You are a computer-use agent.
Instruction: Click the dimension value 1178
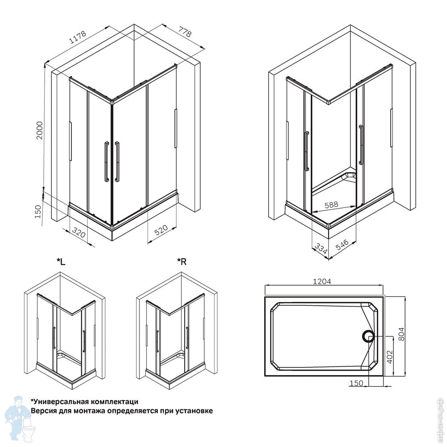click(77, 37)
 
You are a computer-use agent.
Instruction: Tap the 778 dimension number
click(185, 32)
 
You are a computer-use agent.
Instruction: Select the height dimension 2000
click(39, 130)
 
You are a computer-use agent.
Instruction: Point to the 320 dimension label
click(78, 232)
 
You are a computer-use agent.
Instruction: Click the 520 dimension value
click(161, 230)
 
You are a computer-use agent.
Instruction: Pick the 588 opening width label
click(331, 204)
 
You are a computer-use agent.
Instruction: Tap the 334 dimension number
click(320, 249)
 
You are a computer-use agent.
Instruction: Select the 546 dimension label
click(342, 245)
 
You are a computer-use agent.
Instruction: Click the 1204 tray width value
click(322, 281)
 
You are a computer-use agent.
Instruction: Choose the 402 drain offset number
click(390, 357)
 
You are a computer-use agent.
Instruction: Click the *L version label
click(61, 261)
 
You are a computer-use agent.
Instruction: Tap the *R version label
click(181, 261)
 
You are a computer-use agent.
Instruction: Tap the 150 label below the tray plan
click(356, 383)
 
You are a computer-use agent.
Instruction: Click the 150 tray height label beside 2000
click(38, 211)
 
